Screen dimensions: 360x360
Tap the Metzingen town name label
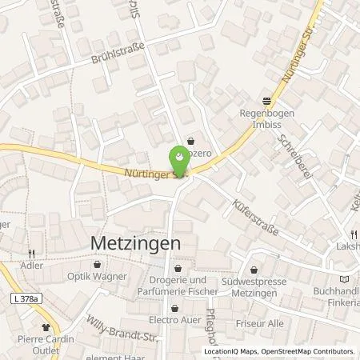point(132,241)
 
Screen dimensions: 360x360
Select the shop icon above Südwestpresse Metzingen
point(254,270)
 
